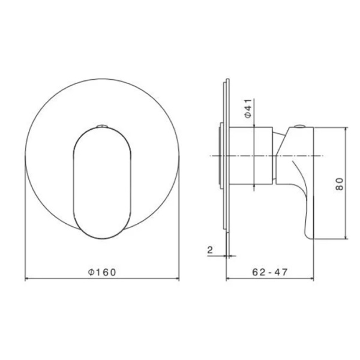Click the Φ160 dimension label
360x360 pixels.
[x=101, y=272]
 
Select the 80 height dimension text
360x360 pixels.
[x=339, y=184]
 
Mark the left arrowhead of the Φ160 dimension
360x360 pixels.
[x=26, y=279]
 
